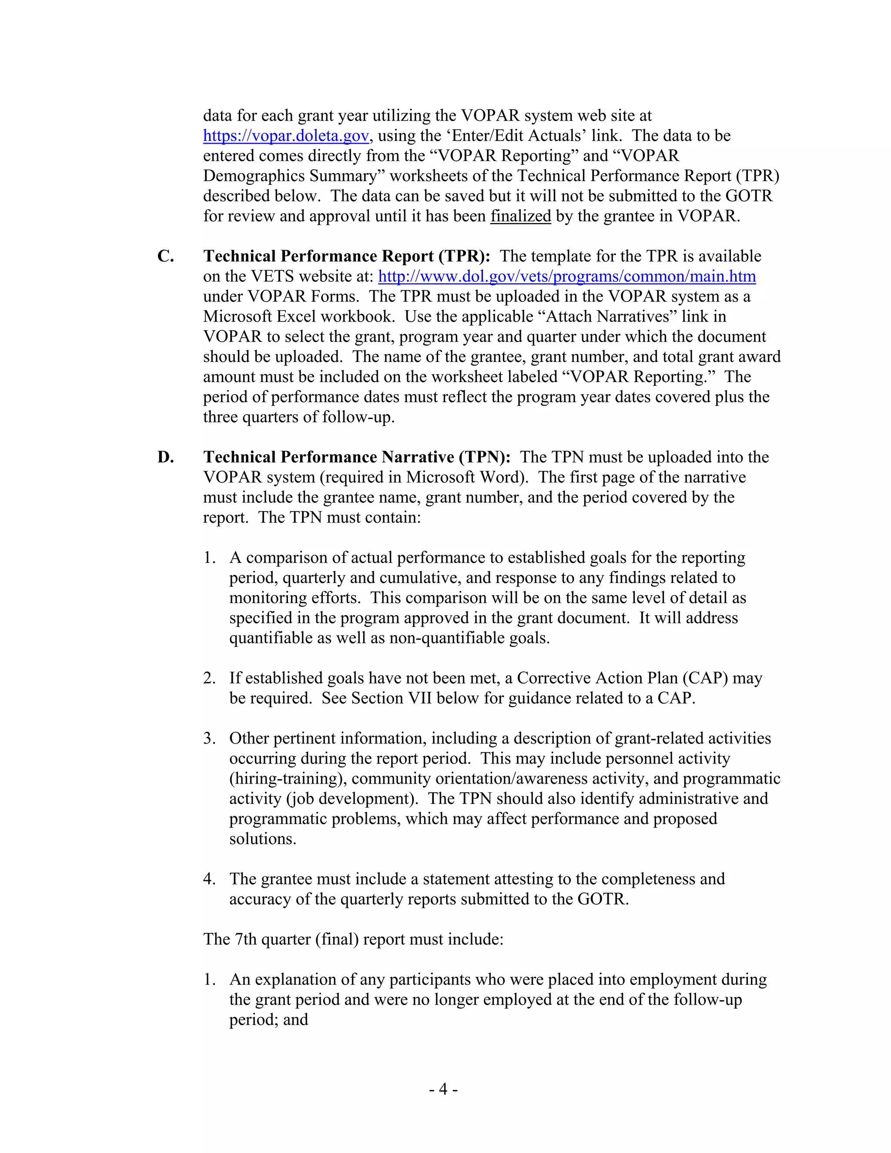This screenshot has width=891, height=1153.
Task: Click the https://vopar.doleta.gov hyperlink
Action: (x=285, y=136)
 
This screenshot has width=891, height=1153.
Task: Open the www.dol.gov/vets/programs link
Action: (x=566, y=276)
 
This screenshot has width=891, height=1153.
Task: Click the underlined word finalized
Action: (x=520, y=216)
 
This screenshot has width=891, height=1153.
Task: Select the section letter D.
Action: (x=165, y=457)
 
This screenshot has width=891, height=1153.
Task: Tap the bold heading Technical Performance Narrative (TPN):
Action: (x=357, y=457)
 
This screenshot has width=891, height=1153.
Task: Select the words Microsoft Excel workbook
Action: (x=299, y=316)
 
